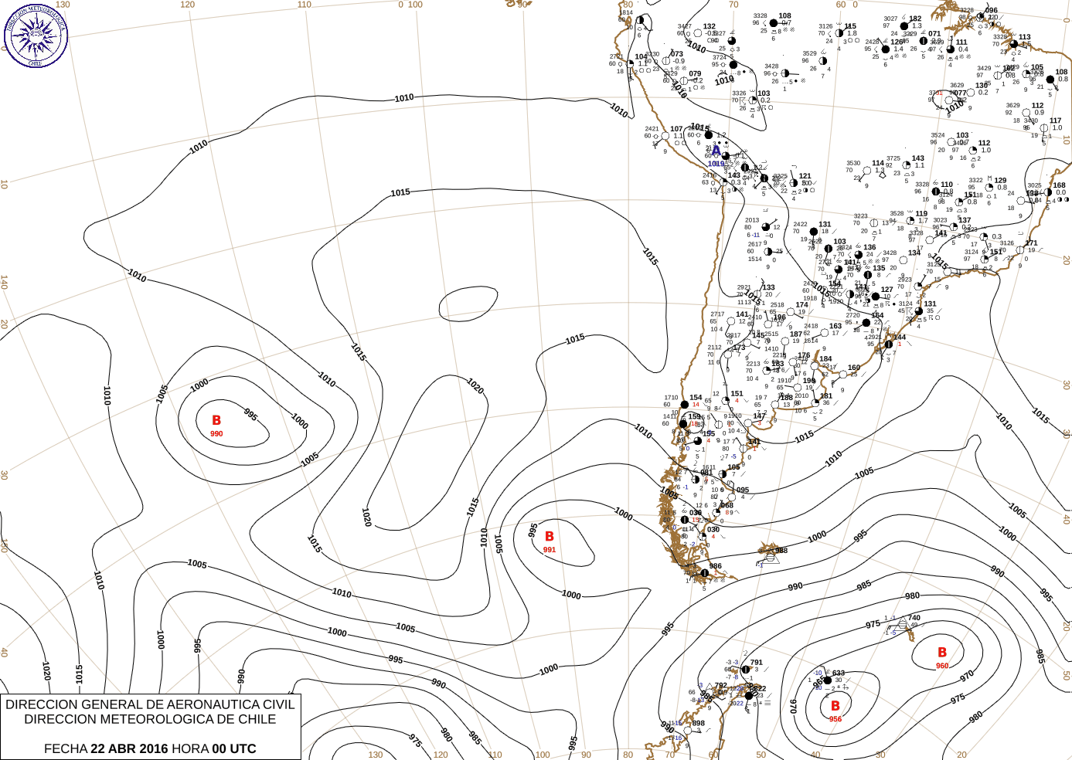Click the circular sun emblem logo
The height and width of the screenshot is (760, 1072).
click(x=36, y=35)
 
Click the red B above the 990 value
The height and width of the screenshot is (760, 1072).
click(x=216, y=421)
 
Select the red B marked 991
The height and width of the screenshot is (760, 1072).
click(x=550, y=537)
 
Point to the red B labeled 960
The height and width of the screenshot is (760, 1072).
click(x=942, y=653)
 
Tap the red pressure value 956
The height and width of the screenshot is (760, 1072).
click(x=835, y=719)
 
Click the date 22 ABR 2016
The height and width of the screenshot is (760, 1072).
click(x=129, y=748)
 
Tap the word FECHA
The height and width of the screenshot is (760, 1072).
click(x=66, y=748)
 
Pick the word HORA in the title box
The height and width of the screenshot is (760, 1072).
click(x=190, y=748)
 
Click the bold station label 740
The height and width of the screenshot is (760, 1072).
click(x=914, y=618)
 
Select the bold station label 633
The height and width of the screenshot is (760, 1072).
click(x=839, y=673)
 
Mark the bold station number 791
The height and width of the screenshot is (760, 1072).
click(x=756, y=663)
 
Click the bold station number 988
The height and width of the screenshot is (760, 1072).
click(x=781, y=551)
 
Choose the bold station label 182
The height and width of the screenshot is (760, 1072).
click(x=915, y=19)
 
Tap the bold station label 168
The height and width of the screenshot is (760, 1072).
click(x=1059, y=185)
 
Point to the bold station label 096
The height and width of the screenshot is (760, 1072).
click(x=992, y=11)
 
